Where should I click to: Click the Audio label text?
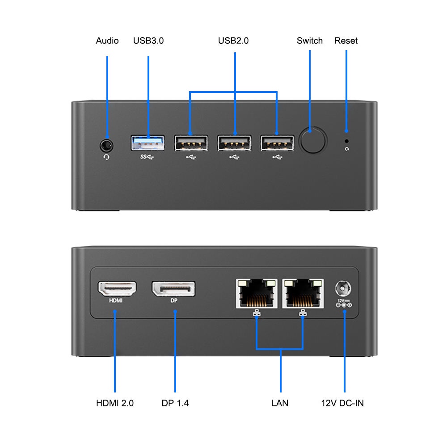pyautogui.click(x=107, y=41)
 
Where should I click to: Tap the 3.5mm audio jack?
pyautogui.click(x=106, y=145)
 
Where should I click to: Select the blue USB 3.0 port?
pyautogui.click(x=148, y=143)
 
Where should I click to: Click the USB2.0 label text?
pyautogui.click(x=233, y=41)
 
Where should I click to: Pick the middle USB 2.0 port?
pyautogui.click(x=234, y=143)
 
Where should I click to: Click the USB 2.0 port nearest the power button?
pyautogui.click(x=277, y=143)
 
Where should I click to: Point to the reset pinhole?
pyautogui.click(x=346, y=140)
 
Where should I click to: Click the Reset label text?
pyautogui.click(x=346, y=41)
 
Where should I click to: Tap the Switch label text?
pyautogui.click(x=310, y=41)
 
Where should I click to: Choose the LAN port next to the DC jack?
pyautogui.click(x=303, y=293)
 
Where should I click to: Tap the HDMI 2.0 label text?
pyautogui.click(x=115, y=403)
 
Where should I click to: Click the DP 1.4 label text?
pyautogui.click(x=175, y=403)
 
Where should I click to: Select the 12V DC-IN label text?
pyautogui.click(x=342, y=403)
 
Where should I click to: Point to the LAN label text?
pyautogui.click(x=280, y=403)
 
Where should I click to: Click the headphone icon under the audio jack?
pyautogui.click(x=106, y=156)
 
